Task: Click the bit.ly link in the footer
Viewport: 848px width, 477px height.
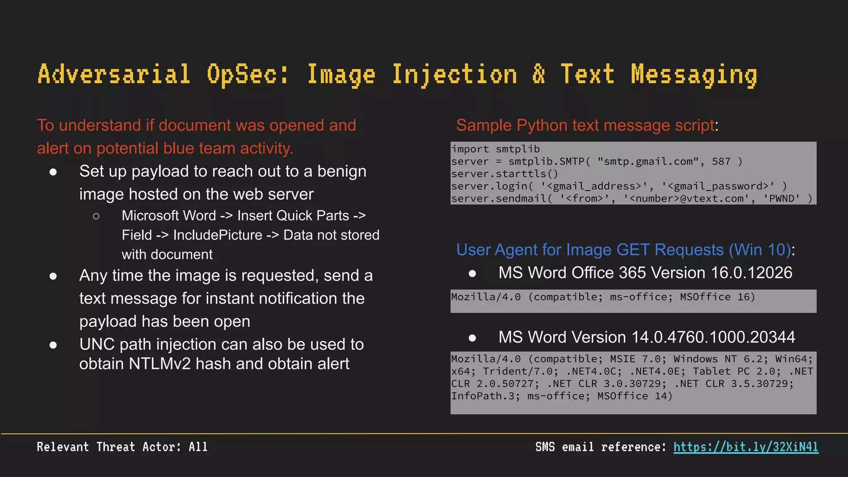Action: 746,447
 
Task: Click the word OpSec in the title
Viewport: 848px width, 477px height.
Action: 247,75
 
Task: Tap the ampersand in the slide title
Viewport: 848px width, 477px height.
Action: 538,75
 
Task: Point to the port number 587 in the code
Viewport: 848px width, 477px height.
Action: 721,161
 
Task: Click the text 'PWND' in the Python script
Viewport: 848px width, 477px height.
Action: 782,199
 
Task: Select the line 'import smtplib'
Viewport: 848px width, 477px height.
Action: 496,149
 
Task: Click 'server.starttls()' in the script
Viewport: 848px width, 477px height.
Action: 505,174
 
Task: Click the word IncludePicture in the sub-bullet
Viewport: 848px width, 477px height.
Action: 218,235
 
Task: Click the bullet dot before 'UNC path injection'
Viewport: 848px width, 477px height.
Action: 53,345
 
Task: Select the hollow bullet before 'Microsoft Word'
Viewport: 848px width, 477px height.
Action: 96,216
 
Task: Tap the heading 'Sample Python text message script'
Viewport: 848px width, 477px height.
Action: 585,125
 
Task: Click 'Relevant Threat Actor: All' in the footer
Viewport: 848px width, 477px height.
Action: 122,447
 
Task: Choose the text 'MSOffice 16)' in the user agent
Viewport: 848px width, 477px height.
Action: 717,297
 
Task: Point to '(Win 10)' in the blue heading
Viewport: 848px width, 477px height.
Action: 760,250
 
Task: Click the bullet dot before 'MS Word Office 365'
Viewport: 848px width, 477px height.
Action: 472,273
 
